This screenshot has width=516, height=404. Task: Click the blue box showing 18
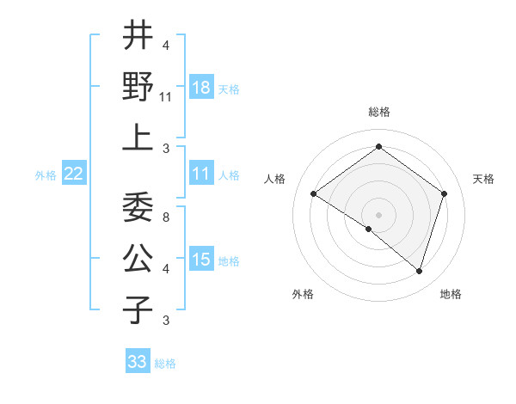(201, 88)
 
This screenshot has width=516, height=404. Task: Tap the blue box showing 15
(201, 260)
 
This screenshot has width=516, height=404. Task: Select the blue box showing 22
(74, 174)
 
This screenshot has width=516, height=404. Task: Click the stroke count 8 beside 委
(165, 218)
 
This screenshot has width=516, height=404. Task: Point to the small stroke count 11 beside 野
(166, 97)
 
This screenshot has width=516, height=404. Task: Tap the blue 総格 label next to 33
(166, 364)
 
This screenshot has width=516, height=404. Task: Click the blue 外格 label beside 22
(46, 175)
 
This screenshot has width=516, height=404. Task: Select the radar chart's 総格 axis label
(378, 113)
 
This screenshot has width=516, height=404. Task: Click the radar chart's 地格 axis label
(451, 294)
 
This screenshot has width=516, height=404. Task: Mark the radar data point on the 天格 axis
(444, 193)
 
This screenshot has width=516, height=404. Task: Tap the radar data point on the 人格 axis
(314, 193)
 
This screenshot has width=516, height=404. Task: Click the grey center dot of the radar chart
(378, 214)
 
